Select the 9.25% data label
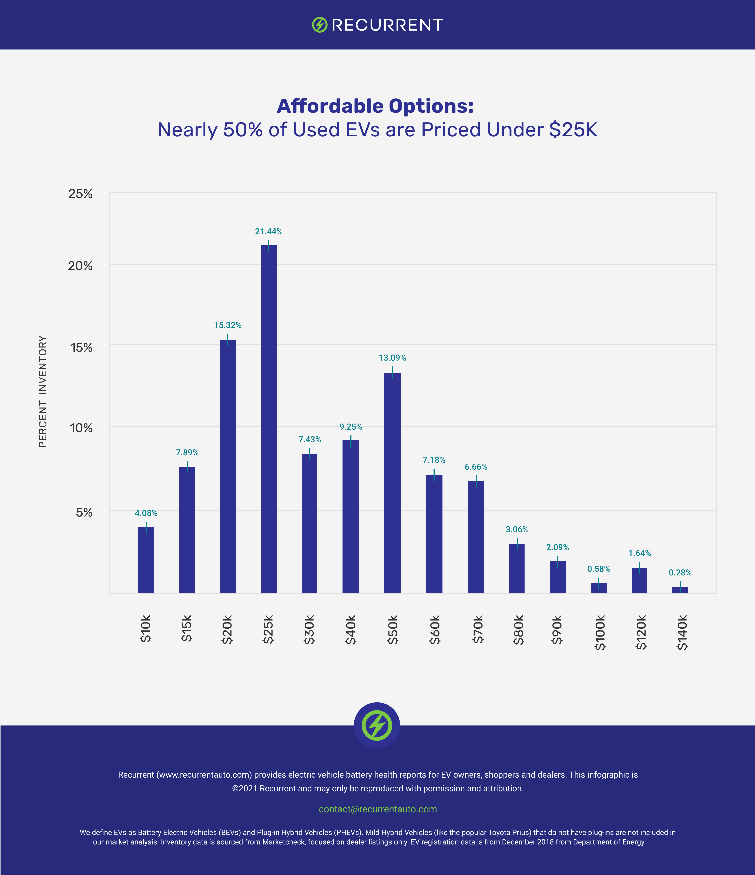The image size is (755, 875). [351, 427]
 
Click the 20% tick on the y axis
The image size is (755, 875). [80, 266]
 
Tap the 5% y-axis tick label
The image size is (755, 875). [84, 512]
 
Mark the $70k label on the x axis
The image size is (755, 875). [477, 629]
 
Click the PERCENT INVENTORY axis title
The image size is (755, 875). [43, 392]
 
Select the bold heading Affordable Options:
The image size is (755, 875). [375, 106]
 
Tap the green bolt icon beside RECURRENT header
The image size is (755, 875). [320, 25]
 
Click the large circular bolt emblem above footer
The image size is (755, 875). [377, 725]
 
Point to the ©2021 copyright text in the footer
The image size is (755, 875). [378, 788]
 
